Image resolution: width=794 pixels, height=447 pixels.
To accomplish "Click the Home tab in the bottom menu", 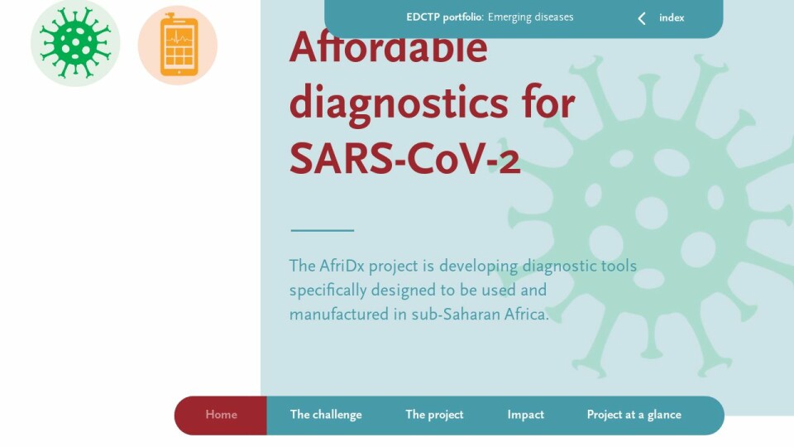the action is point(222,415).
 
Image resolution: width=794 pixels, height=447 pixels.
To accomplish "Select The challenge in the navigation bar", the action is point(326,415).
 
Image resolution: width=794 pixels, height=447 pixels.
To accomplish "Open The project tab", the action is point(434,415).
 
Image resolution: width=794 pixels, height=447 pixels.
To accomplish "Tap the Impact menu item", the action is point(526,415).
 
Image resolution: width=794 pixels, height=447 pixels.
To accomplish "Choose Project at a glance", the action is point(634,415).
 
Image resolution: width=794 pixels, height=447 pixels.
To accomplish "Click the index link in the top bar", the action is point(672,17).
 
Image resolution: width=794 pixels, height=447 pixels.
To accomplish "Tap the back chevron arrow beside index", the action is point(642,19).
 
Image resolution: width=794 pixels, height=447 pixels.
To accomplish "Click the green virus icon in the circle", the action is point(75,43).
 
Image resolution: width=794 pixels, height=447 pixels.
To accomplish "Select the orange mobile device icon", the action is point(179,45).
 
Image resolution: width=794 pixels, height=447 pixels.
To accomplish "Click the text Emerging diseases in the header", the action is point(531,17).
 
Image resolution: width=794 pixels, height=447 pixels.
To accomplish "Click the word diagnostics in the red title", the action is point(399,103).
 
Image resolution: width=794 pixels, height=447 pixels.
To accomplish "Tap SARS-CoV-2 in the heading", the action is point(404,159).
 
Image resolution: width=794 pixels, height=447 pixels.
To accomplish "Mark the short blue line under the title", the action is point(322,231).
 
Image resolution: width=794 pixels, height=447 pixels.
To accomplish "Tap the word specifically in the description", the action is point(328,291).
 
